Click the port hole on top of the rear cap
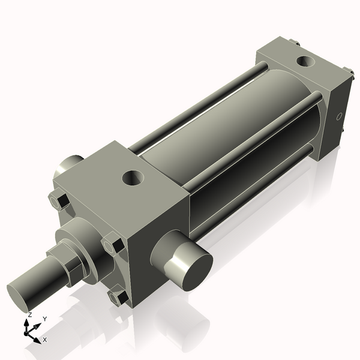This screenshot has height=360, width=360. point(307,61)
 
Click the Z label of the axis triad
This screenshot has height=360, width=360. point(29,314)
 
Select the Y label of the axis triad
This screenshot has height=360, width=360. point(45,318)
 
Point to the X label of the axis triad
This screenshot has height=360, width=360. point(45,340)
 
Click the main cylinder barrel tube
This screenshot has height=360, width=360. point(234,126)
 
